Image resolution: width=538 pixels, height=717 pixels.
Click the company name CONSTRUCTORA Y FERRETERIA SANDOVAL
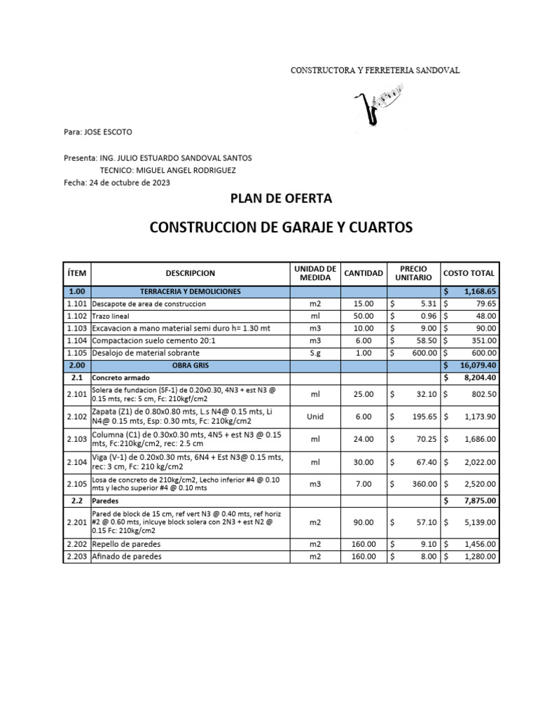coord(375,71)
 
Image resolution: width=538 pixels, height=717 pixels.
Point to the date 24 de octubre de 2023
coord(128,183)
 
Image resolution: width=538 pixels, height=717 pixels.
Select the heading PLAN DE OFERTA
coord(281,199)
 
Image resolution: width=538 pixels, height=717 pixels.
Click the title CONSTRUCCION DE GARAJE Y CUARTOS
coord(281,228)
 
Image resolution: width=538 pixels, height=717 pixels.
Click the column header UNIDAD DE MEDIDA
coord(315,273)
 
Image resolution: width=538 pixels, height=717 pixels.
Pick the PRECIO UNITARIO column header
coord(413,273)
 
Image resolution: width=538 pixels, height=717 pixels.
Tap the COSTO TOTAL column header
coord(469,273)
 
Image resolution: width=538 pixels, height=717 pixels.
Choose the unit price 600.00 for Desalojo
coord(424,353)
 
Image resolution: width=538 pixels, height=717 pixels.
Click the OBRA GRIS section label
coord(190,366)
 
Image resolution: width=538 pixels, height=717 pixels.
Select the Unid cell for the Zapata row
coord(315,417)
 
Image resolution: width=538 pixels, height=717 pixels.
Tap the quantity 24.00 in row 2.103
coord(364,439)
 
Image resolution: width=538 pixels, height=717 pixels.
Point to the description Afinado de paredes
coord(127,557)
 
